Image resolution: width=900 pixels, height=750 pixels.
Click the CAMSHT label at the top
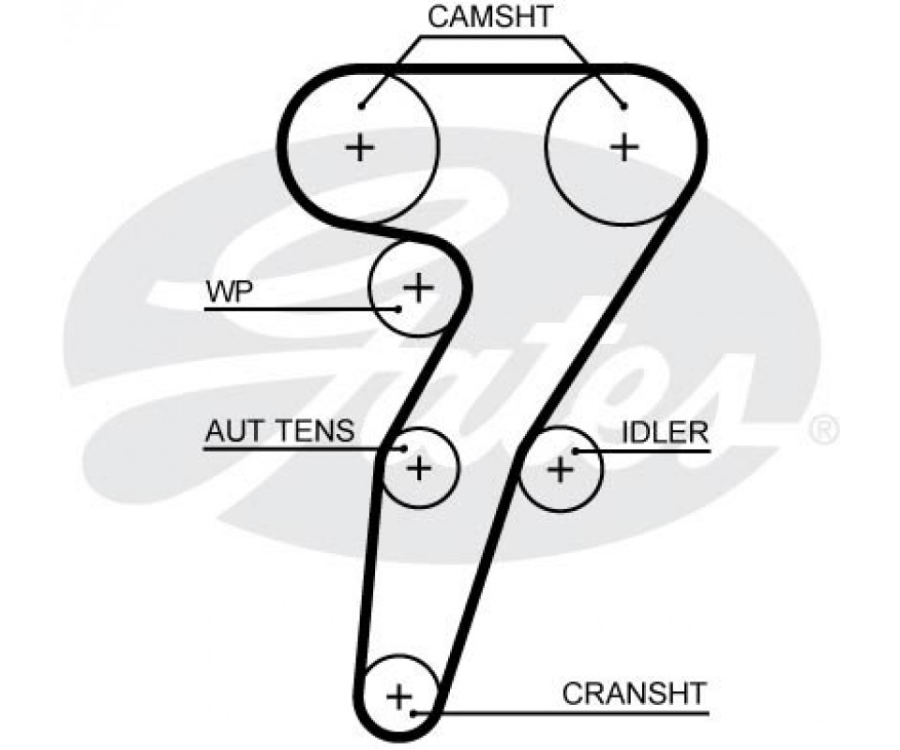(x=490, y=16)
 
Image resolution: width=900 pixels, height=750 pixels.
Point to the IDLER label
(x=665, y=431)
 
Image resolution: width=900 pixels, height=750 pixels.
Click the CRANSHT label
(x=633, y=694)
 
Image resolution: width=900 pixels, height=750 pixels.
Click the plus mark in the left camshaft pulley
(x=360, y=146)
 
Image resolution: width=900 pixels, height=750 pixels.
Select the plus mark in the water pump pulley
(x=418, y=287)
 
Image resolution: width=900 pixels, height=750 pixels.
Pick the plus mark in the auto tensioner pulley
(x=419, y=466)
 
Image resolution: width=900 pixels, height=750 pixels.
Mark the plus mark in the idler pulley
(x=560, y=468)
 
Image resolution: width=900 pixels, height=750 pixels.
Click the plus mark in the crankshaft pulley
(x=399, y=697)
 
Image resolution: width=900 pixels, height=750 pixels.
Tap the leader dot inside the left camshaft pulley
(x=361, y=104)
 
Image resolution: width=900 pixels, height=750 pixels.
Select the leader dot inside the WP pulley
(x=398, y=308)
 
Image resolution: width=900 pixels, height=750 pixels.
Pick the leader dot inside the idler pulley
(x=576, y=451)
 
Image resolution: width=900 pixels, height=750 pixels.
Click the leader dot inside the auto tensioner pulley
(x=404, y=449)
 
